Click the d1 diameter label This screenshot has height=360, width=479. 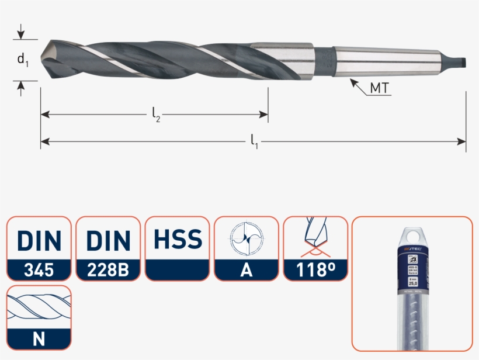click(22, 59)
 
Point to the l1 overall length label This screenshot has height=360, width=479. click(255, 141)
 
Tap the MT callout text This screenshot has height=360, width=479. click(380, 89)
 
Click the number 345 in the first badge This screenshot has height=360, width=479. click(39, 270)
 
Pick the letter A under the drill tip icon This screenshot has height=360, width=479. click(246, 270)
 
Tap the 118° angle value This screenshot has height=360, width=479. click(315, 270)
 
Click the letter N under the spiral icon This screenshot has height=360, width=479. click(39, 338)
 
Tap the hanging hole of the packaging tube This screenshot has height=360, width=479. click(412, 235)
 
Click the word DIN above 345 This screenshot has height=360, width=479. click(39, 240)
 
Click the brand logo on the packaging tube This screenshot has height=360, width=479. click(412, 250)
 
